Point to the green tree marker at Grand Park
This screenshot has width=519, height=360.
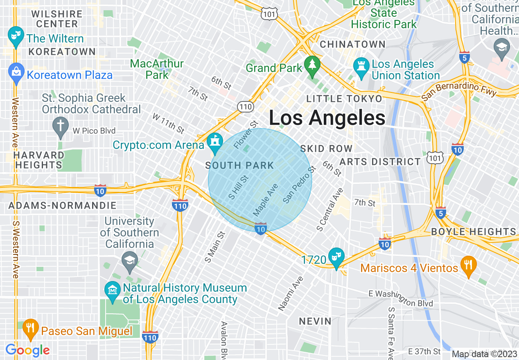(312, 65)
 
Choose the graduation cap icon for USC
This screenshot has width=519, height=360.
(130, 261)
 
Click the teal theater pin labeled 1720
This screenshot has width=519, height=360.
(336, 256)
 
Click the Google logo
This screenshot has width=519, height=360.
(27, 350)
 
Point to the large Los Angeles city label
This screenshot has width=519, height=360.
(327, 118)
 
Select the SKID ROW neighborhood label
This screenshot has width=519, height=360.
(326, 148)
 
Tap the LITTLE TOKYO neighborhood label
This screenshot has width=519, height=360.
(344, 99)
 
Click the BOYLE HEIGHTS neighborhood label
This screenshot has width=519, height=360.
(474, 232)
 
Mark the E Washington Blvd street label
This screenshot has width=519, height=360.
(400, 298)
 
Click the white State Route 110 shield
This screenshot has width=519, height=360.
(245, 107)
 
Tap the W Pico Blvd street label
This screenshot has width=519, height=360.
(94, 131)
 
